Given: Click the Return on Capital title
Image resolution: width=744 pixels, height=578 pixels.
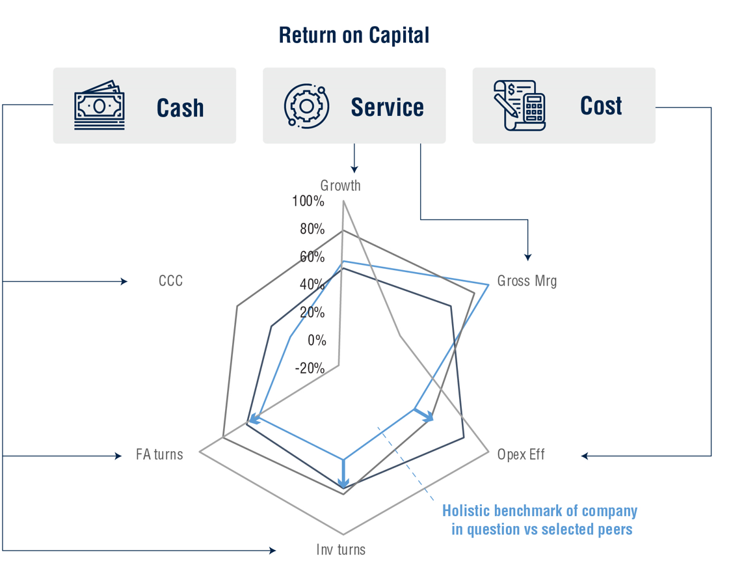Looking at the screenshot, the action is pos(354,35).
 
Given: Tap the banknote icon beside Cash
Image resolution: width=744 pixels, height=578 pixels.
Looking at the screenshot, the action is pos(99,105).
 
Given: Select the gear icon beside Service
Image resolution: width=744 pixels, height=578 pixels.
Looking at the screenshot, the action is pos(306,105).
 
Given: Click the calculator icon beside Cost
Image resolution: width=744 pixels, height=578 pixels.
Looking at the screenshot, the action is pos(519,105).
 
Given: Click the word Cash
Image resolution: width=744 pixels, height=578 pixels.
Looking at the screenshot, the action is pos(180,108).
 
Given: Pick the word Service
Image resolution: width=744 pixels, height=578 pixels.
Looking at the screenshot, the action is pos(387,107).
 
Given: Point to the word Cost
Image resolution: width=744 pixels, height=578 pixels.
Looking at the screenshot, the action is pos(601,105).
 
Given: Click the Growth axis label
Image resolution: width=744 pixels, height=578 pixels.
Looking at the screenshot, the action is pos(340,186).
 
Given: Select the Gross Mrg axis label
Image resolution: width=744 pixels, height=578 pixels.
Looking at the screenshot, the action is pos(527,281).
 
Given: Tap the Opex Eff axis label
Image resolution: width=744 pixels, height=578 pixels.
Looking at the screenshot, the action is pos(520,454).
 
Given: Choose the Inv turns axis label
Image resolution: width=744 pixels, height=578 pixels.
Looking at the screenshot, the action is pos(341,549).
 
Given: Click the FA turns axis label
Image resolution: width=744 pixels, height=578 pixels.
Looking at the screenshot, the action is pos(159,454).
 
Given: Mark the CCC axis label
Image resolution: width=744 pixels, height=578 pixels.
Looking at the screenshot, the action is pos(170,281).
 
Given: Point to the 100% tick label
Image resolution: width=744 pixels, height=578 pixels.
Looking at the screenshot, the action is pos(308,201).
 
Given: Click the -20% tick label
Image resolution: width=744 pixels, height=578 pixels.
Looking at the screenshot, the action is pos(310,368).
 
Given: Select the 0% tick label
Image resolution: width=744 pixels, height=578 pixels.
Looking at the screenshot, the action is pos(317,340).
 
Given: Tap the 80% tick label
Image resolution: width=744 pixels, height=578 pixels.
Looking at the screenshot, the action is pos(312,229).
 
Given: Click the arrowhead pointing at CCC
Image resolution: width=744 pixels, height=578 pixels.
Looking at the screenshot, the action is pos(124,282).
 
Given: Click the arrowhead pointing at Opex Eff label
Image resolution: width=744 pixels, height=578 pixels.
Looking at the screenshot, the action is pos(585,456).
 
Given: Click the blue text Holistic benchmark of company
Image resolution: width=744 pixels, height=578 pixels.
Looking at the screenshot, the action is pos(540,511).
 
